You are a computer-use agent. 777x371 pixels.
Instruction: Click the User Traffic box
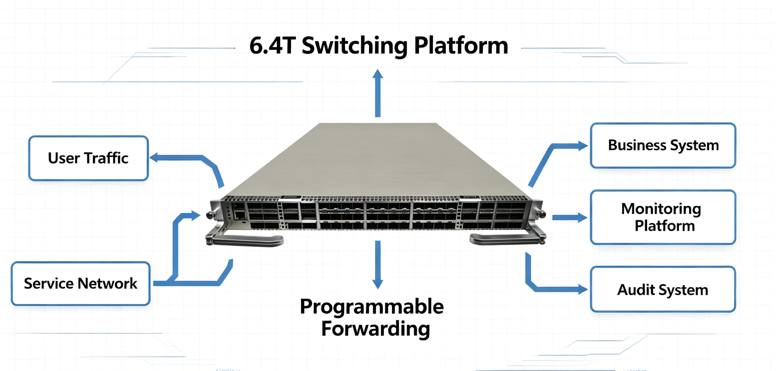(89, 158)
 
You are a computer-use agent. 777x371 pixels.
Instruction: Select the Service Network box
(80, 283)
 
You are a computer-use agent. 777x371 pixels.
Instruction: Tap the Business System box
(663, 145)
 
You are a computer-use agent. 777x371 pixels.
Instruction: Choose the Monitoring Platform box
(663, 217)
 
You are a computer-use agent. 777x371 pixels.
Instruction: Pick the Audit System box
(663, 290)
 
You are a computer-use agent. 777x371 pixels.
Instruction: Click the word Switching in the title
(355, 46)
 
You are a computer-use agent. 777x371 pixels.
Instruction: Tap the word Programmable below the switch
(372, 307)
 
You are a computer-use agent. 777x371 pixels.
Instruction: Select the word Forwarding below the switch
(376, 329)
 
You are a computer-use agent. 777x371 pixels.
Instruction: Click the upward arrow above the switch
(378, 93)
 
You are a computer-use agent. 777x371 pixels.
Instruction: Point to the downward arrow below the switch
(378, 265)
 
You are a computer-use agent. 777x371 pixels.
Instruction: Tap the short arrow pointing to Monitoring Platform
(570, 217)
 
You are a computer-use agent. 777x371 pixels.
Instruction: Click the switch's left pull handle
(244, 240)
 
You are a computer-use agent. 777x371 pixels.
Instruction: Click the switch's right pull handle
(508, 239)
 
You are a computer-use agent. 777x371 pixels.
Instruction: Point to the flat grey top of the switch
(377, 160)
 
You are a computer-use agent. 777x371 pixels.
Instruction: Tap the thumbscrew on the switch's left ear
(210, 216)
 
